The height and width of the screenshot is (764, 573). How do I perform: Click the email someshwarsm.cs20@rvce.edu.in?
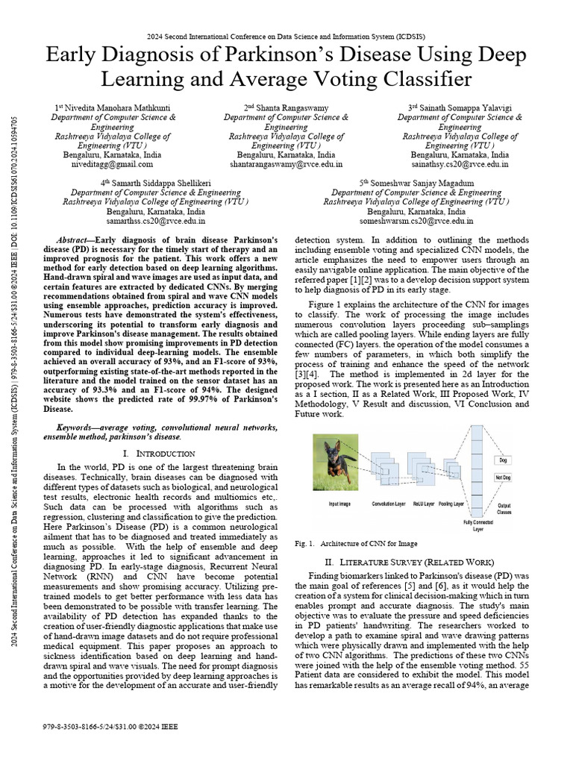416,221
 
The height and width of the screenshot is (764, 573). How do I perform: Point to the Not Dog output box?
501,477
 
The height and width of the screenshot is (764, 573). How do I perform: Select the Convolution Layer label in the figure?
388,504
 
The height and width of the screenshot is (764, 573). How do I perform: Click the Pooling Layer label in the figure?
451,504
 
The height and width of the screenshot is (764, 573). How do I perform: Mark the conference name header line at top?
286,36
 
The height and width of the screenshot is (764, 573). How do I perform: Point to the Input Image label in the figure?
339,504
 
